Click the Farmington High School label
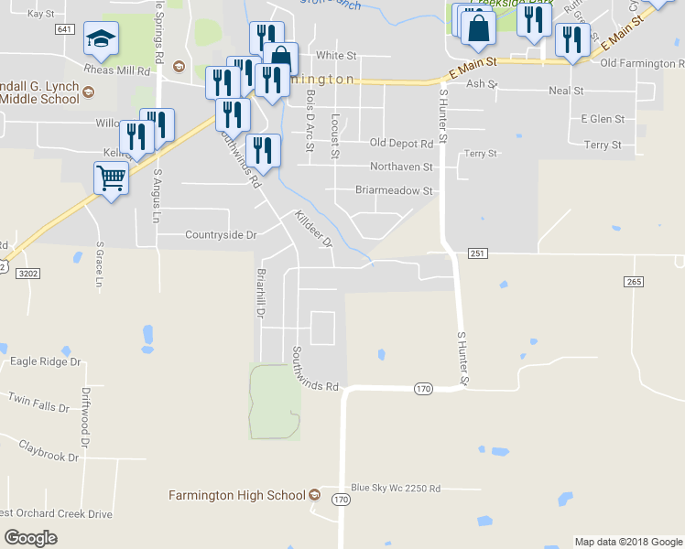[x=237, y=495]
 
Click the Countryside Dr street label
[x=221, y=235]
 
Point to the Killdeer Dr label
[x=312, y=229]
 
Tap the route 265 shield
[x=634, y=282]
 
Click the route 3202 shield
[x=27, y=272]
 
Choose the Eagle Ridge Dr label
[x=45, y=361]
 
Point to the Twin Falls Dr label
[x=38, y=400]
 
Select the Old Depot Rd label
[x=401, y=144]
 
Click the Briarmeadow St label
[x=394, y=191]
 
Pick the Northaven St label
[x=401, y=167]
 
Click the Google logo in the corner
[x=31, y=537]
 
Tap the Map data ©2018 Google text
[x=628, y=542]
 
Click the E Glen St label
[x=603, y=119]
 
